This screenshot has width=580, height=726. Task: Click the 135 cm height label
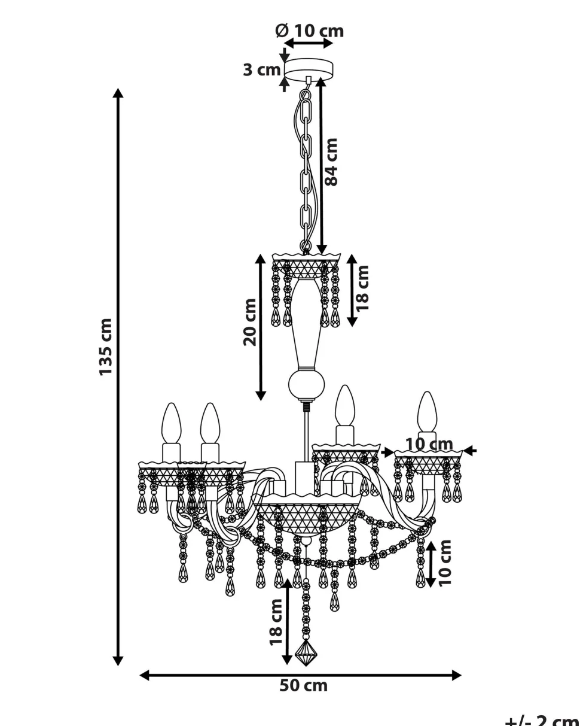[x=105, y=347]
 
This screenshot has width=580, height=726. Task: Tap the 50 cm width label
[x=303, y=686]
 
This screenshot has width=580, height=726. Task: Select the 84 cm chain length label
[x=331, y=162]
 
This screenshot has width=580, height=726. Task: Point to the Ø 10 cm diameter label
[x=309, y=31]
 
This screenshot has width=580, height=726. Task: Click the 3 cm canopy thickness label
[x=261, y=70]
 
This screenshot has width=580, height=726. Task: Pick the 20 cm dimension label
[x=250, y=321]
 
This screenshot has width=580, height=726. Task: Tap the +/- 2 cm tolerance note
[x=541, y=720]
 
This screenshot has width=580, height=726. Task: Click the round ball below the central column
[x=306, y=384]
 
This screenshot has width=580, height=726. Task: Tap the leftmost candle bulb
[x=172, y=422]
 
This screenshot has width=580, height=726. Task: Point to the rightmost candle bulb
[x=427, y=411]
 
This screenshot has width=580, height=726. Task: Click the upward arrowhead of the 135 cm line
[x=118, y=93]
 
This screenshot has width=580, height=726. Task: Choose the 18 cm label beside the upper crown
[x=362, y=287]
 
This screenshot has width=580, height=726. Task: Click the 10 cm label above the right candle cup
[x=429, y=444]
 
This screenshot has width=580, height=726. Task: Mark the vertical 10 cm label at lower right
[x=444, y=563]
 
